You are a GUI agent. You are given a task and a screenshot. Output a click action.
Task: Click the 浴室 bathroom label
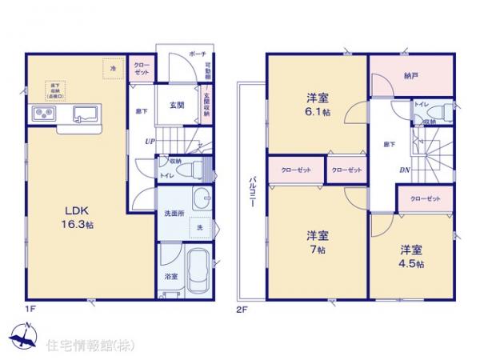click(x=170, y=276)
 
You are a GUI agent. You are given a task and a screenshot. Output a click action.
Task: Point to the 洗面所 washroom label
click(x=174, y=214)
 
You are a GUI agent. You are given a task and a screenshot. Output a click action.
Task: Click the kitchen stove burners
click(x=41, y=114)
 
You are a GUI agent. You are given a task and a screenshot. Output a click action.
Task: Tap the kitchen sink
click(x=83, y=114)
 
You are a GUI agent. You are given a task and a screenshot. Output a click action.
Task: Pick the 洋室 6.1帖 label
click(x=318, y=106)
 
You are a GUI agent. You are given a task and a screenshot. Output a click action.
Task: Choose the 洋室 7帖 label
click(x=318, y=242)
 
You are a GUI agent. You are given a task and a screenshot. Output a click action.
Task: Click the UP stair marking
click(x=149, y=142)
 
